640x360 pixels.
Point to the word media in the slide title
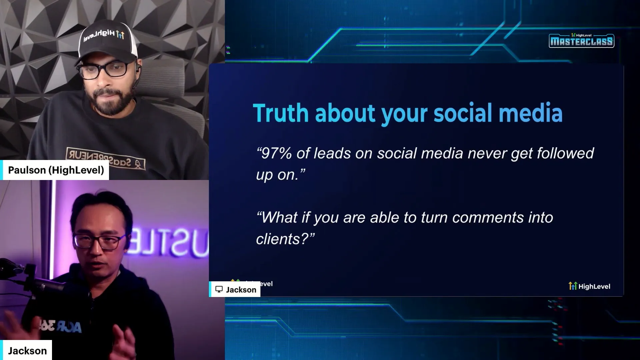pos(531,113)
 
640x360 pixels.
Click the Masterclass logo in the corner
pos(581,41)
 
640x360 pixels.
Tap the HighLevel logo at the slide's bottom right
pos(589,286)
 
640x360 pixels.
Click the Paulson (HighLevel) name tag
pos(56,170)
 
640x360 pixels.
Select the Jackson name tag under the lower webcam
pos(27,351)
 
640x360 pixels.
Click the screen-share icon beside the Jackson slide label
pos(219,289)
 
